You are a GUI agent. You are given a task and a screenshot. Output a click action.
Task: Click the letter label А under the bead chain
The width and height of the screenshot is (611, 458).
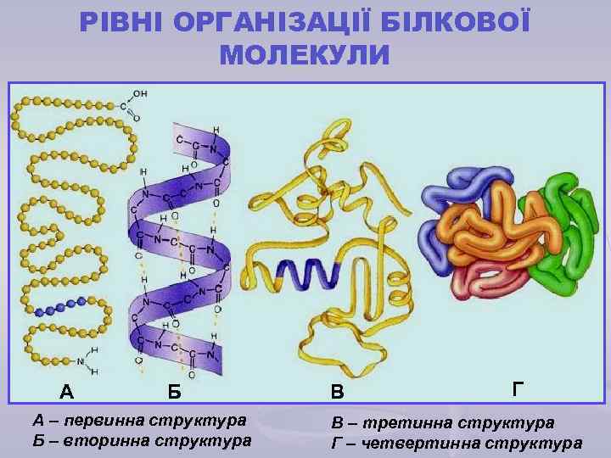(x=66, y=391)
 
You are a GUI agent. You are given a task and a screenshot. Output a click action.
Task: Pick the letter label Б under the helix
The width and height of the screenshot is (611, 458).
(x=173, y=391)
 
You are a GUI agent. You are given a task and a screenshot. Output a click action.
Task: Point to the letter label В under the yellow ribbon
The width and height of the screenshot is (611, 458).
(x=338, y=391)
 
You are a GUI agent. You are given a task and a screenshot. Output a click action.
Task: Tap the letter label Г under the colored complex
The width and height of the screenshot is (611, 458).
(x=519, y=388)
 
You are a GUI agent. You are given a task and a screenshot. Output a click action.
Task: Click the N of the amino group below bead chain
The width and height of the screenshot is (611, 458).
(x=81, y=360)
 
